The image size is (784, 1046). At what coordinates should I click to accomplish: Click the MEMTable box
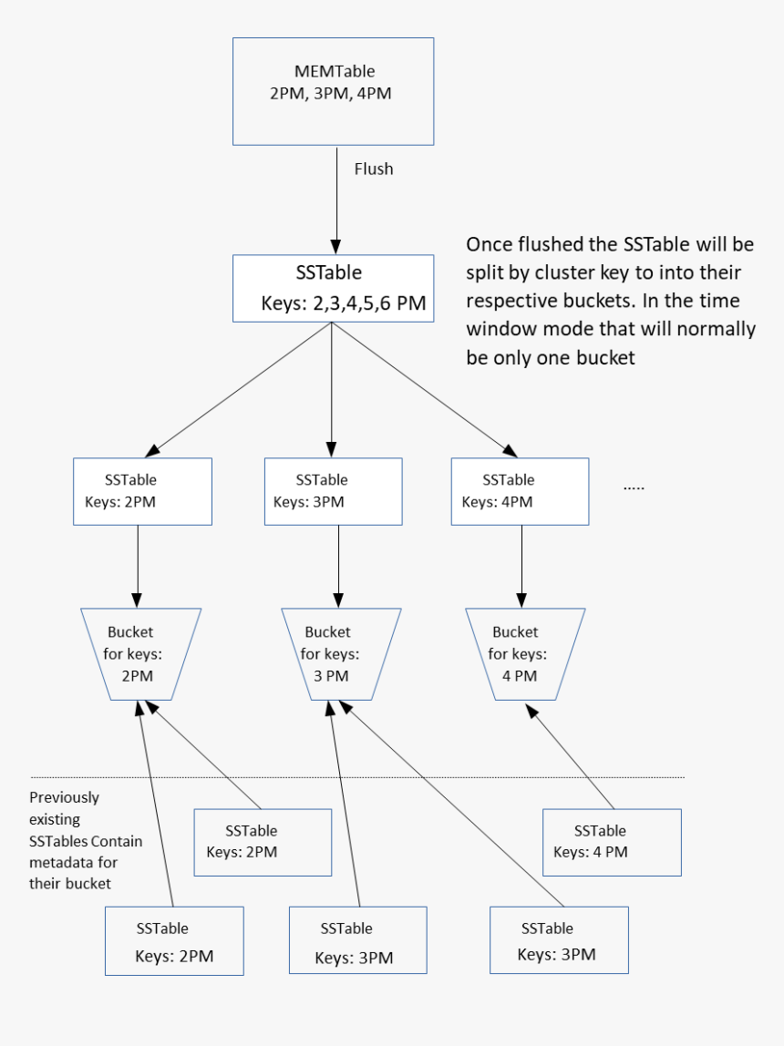(x=334, y=91)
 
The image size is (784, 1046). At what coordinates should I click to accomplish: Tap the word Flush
(x=374, y=169)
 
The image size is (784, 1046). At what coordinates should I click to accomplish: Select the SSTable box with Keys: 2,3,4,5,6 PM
(x=334, y=288)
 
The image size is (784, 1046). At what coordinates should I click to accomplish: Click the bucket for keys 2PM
(x=141, y=654)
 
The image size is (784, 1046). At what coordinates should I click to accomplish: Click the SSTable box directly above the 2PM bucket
(x=142, y=491)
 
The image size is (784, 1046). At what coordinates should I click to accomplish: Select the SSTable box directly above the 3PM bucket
(x=333, y=491)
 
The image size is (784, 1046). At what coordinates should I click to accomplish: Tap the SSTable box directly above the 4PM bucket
(x=520, y=491)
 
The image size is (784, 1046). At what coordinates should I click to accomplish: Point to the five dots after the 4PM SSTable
(x=634, y=488)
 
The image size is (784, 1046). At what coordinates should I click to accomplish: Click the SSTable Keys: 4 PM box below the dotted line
(x=612, y=842)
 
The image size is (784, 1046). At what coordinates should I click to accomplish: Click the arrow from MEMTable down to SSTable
(x=335, y=200)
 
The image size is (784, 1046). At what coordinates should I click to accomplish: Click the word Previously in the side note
(x=64, y=797)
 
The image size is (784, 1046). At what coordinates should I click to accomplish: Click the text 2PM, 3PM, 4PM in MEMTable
(x=331, y=93)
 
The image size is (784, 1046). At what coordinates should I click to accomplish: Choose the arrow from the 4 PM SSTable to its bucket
(x=573, y=761)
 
